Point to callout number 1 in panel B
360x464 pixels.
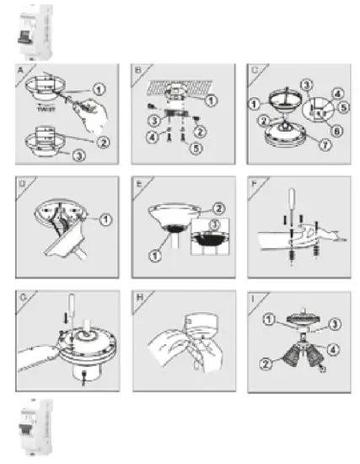point(212,100)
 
